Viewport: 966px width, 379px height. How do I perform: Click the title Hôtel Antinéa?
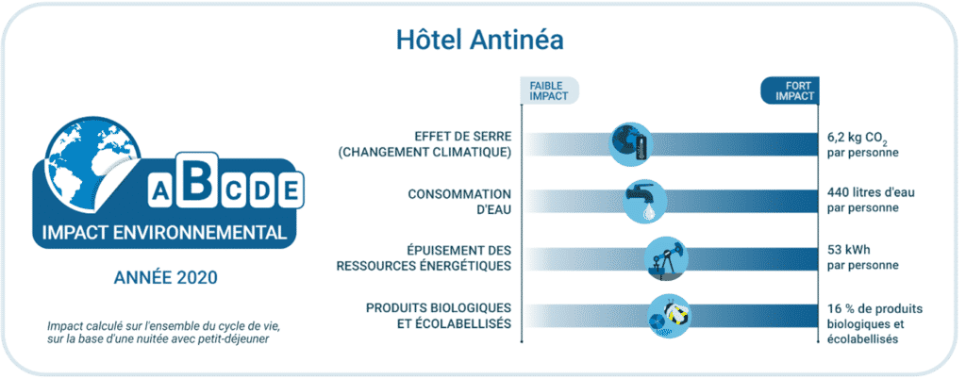(480, 41)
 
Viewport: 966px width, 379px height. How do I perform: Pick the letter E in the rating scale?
(291, 190)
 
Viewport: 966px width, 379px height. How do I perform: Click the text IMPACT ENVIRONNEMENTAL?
(164, 233)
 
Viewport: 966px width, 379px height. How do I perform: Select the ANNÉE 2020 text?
(166, 277)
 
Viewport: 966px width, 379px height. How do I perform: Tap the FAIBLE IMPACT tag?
(550, 91)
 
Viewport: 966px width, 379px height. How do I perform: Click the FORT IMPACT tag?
(790, 91)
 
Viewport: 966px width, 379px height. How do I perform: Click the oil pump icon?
(666, 258)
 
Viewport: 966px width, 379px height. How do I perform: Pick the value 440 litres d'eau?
(871, 193)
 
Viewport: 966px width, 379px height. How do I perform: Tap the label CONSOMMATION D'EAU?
(459, 202)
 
